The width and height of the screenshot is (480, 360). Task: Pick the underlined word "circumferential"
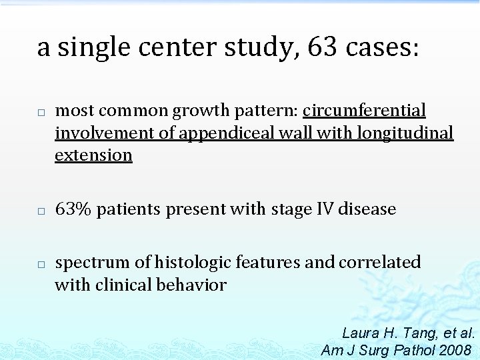pos(364,111)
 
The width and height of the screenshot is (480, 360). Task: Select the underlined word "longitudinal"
pos(405,133)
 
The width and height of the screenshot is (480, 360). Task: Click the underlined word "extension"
pos(93,155)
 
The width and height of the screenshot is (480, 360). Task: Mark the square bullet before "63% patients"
pos(41,211)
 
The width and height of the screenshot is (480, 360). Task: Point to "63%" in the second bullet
pos(73,209)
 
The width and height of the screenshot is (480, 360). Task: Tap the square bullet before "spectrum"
pos(41,264)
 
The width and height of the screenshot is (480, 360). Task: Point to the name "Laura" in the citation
pos(361,333)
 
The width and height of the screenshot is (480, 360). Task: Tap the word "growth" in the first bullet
pos(194,111)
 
